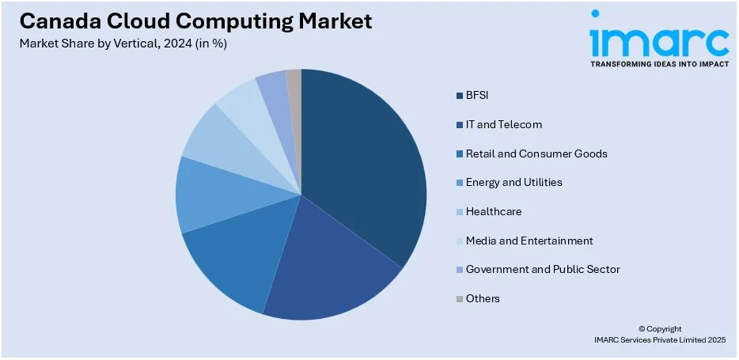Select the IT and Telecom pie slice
click(332, 269)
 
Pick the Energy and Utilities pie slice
click(210, 194)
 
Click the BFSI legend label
click(477, 96)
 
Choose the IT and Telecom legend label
click(504, 124)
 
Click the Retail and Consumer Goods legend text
click(536, 153)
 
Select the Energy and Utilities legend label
click(514, 182)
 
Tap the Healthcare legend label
click(494, 211)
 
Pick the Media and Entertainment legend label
click(529, 241)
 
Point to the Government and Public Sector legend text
click(543, 269)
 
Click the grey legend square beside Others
click(459, 299)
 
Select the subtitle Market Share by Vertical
click(123, 44)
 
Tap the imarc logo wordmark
click(659, 39)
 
